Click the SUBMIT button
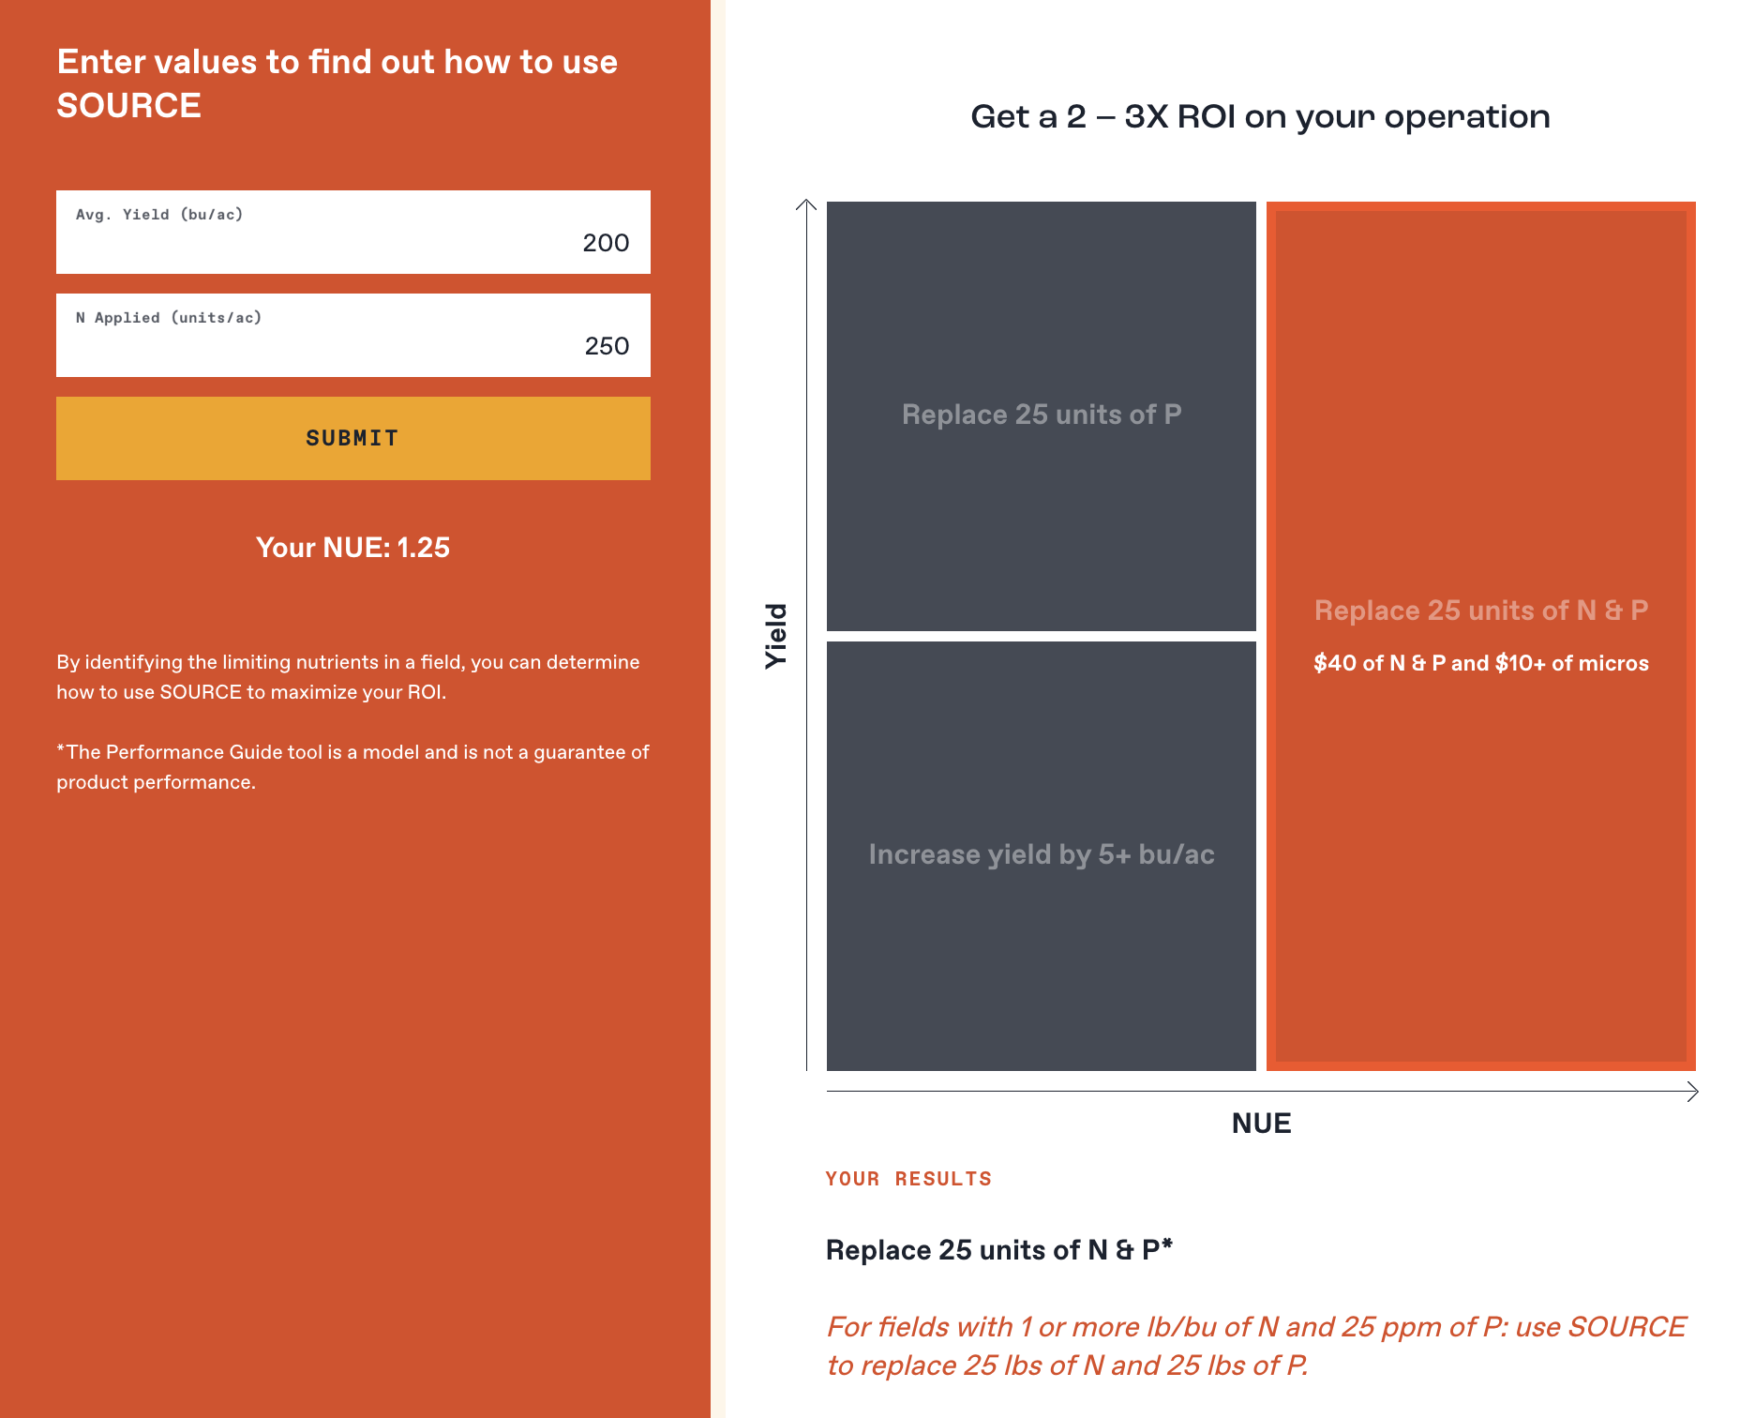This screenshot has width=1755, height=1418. coord(353,438)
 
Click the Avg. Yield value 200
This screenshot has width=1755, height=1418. coord(606,243)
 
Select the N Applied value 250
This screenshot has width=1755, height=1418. coord(607,346)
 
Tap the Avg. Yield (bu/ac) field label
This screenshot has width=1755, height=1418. coord(159,215)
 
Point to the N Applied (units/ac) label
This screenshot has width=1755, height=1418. coord(169,318)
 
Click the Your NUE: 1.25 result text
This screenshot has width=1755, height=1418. coord(353,548)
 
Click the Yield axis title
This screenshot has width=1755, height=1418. coord(776,636)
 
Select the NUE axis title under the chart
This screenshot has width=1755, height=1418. coord(1262,1124)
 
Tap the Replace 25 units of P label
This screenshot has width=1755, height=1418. coord(1042,415)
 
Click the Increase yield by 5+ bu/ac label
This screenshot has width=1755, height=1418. coord(1042,854)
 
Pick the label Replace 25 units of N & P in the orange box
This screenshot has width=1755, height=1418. coord(1481,611)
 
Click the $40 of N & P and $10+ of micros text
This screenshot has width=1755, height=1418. coord(1481,663)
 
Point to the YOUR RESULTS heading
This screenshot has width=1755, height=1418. coord(908,1179)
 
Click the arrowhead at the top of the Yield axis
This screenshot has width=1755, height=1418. coord(806,202)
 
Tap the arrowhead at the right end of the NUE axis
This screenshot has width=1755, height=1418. coord(1696,1092)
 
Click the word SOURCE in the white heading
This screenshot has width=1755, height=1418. coord(129,106)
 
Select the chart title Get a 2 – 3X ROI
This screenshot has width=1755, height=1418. coord(1260,117)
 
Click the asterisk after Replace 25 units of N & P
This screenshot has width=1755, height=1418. coord(1167,1245)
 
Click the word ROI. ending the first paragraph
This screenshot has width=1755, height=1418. coord(427,692)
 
